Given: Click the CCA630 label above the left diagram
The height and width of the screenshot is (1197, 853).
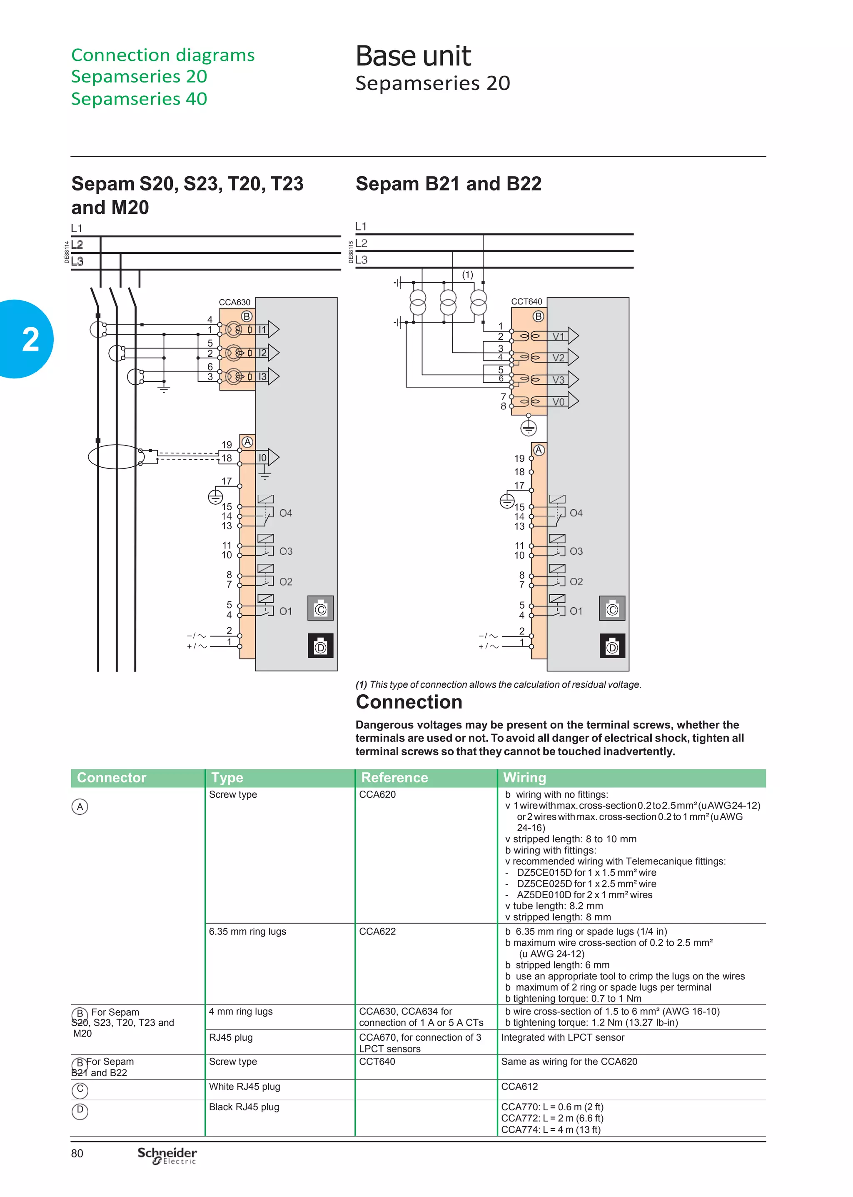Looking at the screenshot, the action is click(x=234, y=302).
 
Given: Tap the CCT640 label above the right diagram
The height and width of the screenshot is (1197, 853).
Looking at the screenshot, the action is click(x=526, y=302).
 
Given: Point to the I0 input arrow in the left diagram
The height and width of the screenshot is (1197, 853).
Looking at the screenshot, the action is click(x=268, y=458).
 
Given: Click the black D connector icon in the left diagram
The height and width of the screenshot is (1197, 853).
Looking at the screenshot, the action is click(x=320, y=646).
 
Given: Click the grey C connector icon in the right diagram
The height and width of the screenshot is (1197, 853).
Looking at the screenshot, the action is click(x=612, y=609).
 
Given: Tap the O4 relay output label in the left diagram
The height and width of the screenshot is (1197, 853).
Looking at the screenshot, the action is click(x=285, y=513).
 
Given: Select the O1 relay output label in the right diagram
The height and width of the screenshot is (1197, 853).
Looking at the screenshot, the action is click(x=576, y=611).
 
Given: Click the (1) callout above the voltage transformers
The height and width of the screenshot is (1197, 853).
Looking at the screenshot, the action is click(x=467, y=274).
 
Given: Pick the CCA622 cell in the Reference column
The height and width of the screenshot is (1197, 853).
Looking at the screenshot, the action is click(x=377, y=931).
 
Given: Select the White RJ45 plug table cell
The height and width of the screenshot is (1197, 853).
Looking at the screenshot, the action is click(x=244, y=1086).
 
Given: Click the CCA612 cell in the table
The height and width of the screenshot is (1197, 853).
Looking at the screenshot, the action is click(x=519, y=1086).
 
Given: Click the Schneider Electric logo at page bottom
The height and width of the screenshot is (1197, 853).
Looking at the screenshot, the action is click(x=167, y=1155).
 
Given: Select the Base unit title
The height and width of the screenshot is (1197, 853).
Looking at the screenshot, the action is click(x=413, y=56).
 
